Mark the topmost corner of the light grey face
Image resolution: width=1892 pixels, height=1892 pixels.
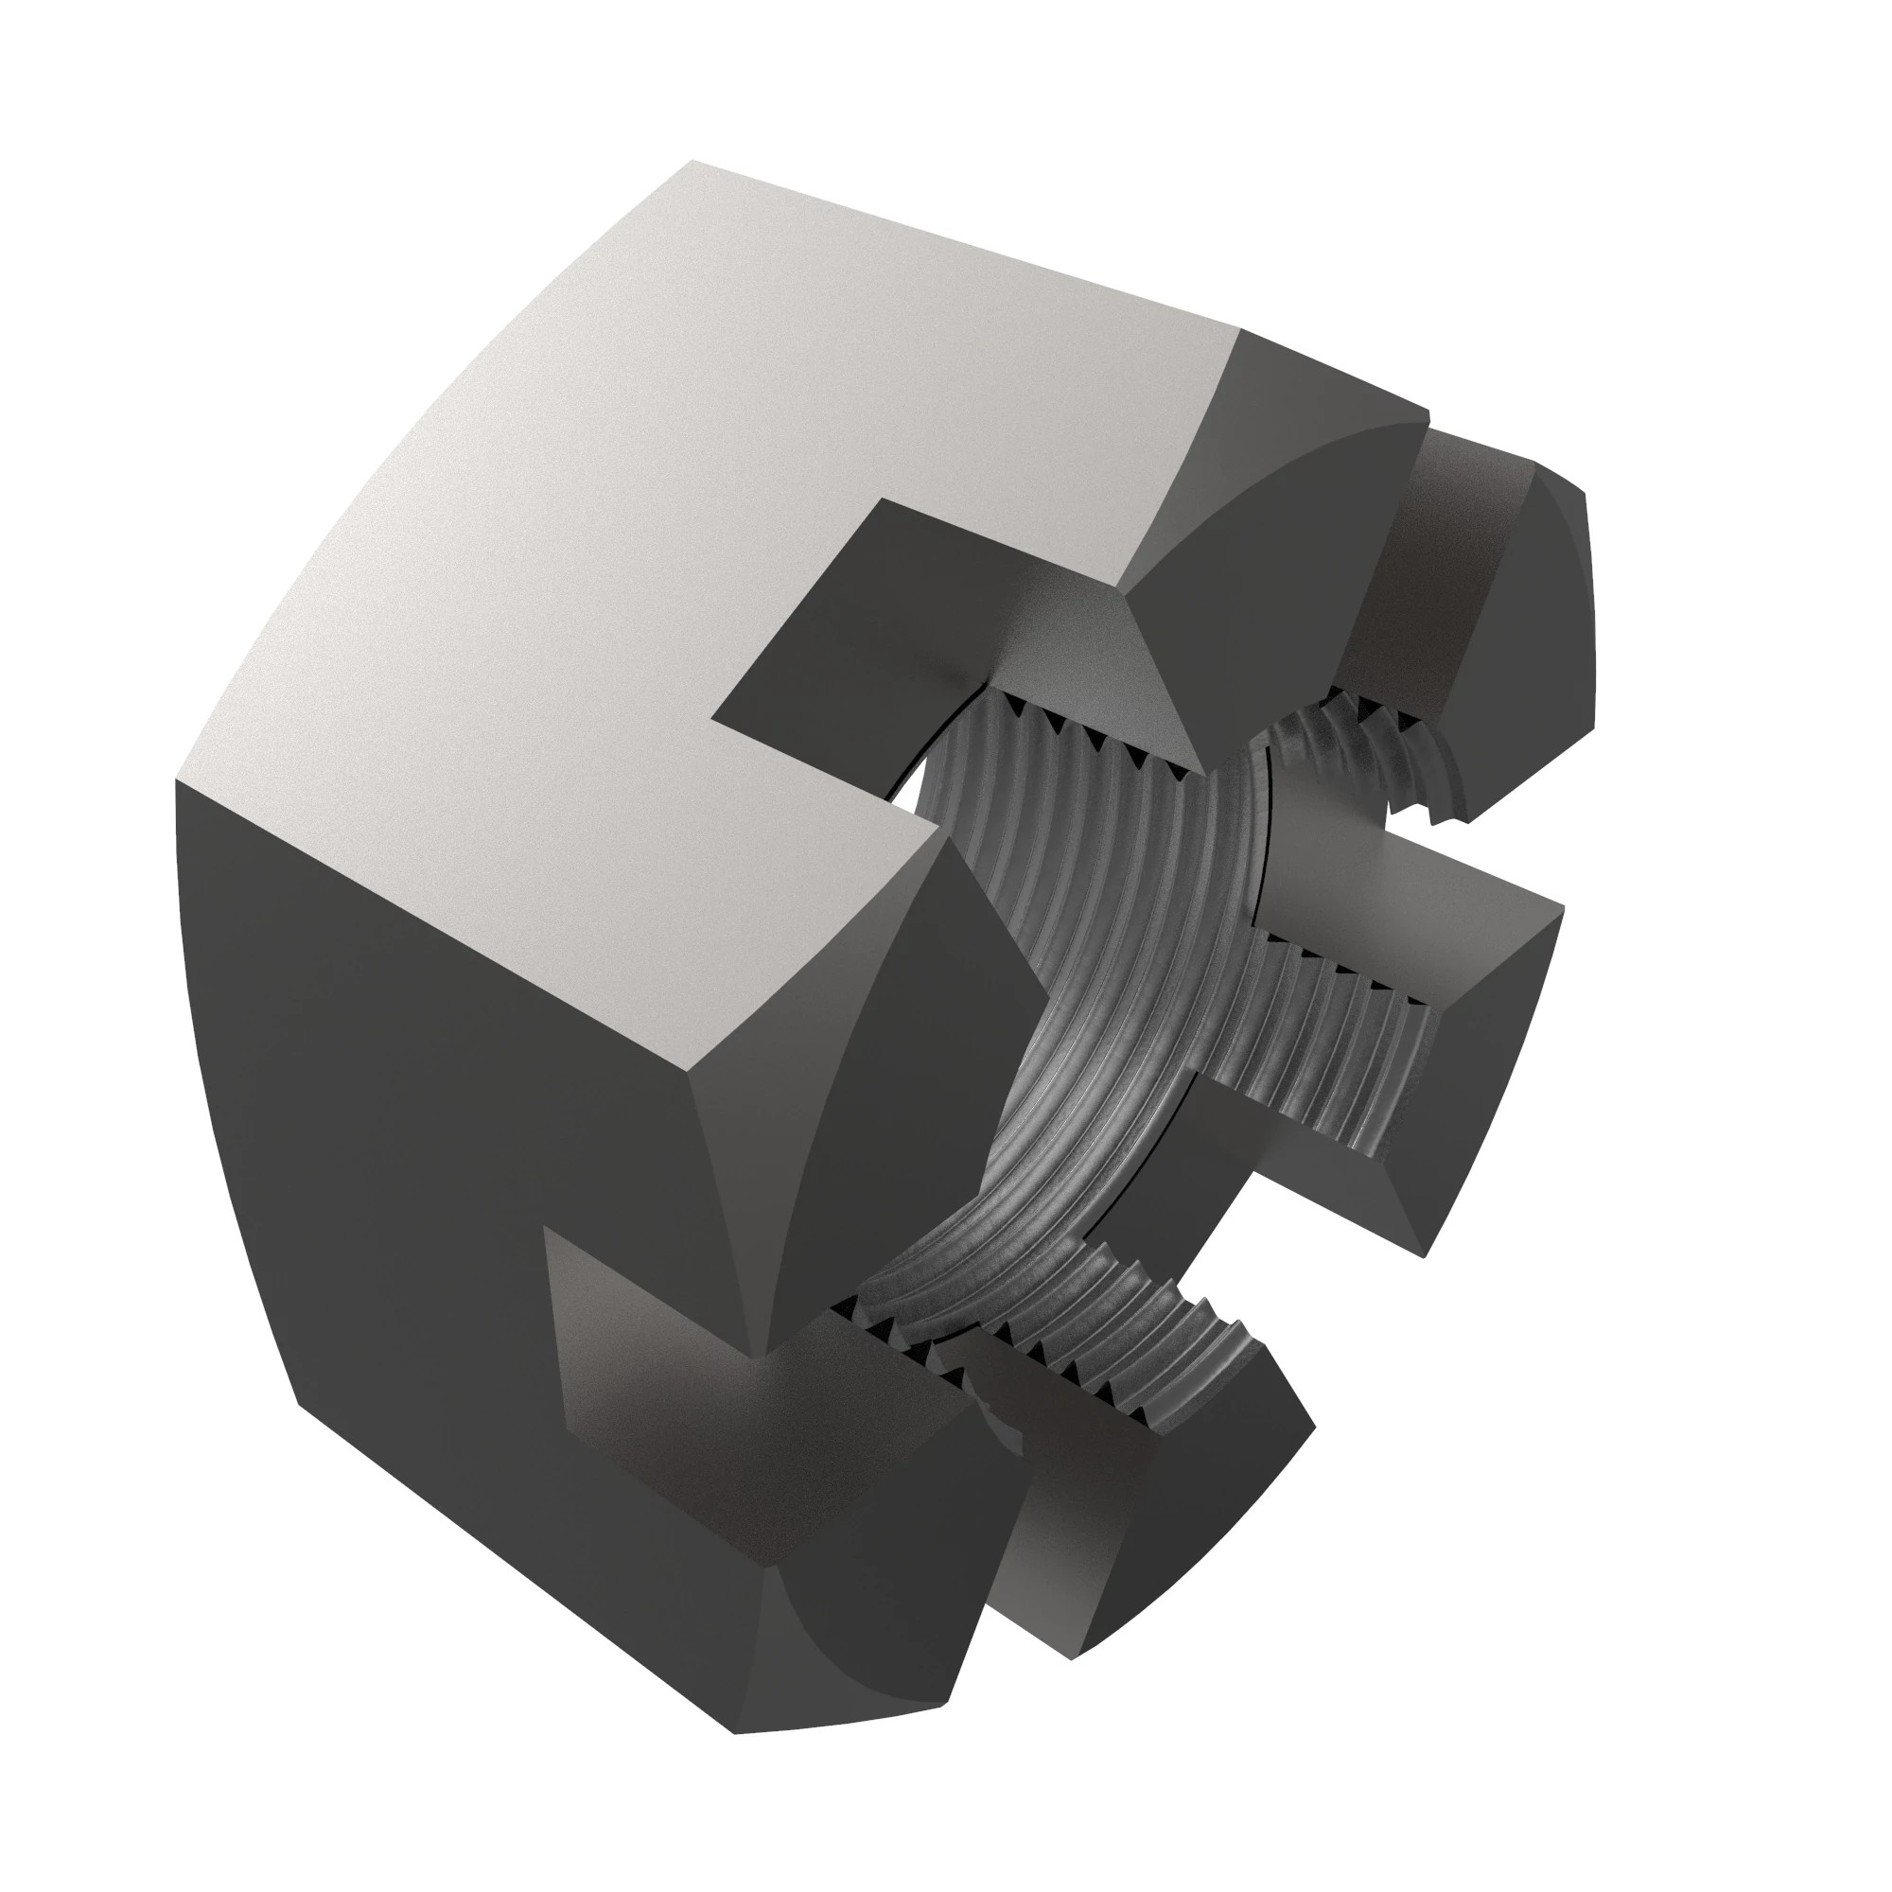point(693,162)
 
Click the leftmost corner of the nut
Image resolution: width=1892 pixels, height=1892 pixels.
point(176,783)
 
